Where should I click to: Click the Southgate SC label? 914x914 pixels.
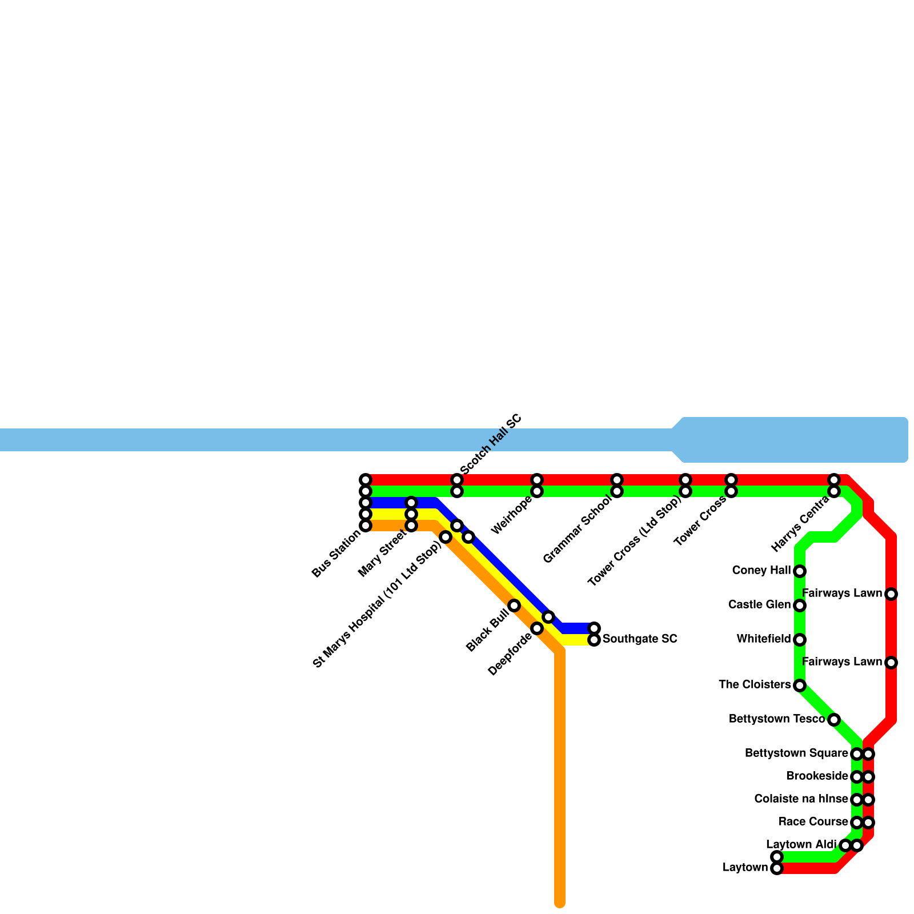tap(640, 639)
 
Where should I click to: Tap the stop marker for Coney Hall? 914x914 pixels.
tap(800, 571)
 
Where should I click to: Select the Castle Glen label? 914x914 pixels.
tap(759, 604)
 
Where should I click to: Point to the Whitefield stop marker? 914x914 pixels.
tap(800, 640)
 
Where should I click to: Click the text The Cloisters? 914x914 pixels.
tap(755, 684)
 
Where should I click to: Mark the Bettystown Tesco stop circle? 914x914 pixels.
tap(834, 720)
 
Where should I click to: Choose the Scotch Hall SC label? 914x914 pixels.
tap(491, 444)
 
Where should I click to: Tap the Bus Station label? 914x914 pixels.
tap(336, 554)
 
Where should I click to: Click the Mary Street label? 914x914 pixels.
tap(382, 554)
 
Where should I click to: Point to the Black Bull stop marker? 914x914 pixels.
tap(514, 606)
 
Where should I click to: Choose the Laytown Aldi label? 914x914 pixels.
tap(801, 844)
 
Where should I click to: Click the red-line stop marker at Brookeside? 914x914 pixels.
tap(868, 777)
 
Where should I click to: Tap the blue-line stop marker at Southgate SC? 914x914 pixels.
tap(594, 628)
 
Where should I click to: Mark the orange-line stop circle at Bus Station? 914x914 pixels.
tap(366, 526)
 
